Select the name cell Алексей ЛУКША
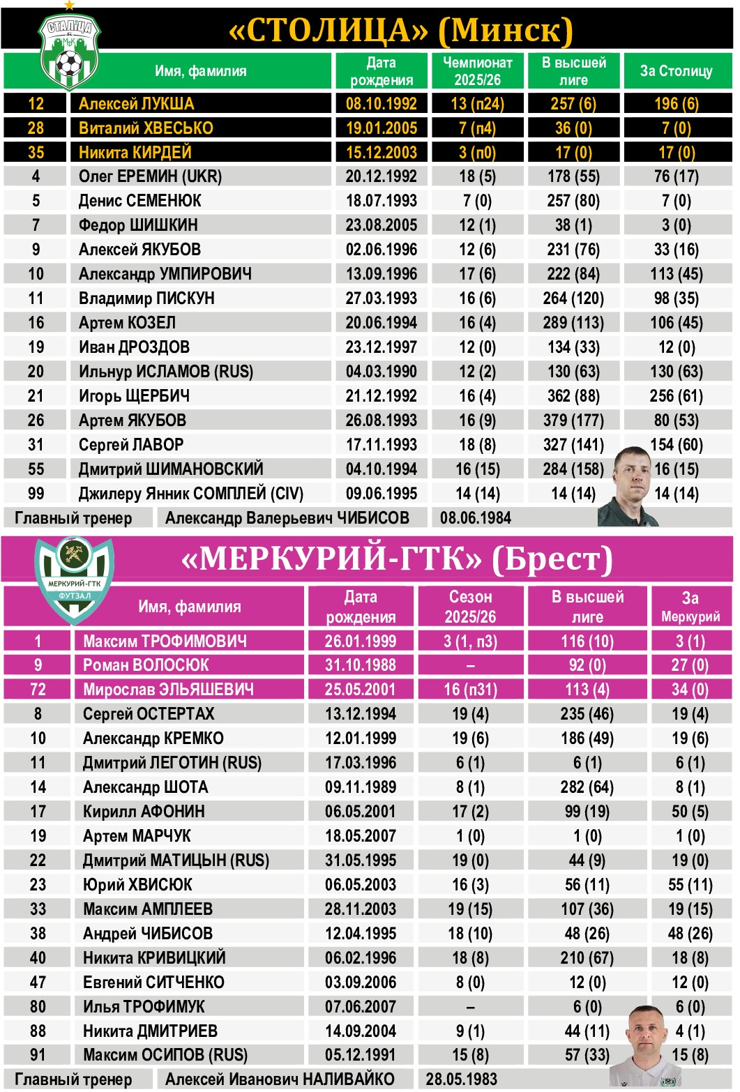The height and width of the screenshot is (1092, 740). tap(136, 104)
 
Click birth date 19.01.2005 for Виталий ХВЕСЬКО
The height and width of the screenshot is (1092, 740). tap(381, 128)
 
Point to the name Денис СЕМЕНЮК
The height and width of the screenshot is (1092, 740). tap(139, 201)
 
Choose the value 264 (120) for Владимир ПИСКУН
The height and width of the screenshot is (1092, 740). tap(573, 298)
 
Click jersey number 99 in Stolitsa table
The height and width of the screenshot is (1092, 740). tap(36, 494)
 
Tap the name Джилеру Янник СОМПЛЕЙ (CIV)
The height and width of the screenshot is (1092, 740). tap(190, 494)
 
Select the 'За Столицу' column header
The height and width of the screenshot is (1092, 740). tap(676, 71)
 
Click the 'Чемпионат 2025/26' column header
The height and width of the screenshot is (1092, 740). tap(477, 71)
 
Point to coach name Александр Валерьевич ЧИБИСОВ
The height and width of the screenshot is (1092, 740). tap(287, 518)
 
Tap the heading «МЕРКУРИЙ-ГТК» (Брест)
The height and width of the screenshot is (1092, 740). tap(396, 559)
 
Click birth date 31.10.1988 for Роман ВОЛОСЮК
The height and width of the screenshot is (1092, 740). tap(360, 665)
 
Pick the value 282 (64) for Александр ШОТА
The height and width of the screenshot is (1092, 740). tap(587, 787)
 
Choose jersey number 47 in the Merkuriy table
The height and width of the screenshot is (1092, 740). tap(38, 983)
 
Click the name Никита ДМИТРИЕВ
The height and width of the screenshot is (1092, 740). tap(150, 1031)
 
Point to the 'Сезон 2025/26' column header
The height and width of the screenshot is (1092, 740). tap(470, 607)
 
